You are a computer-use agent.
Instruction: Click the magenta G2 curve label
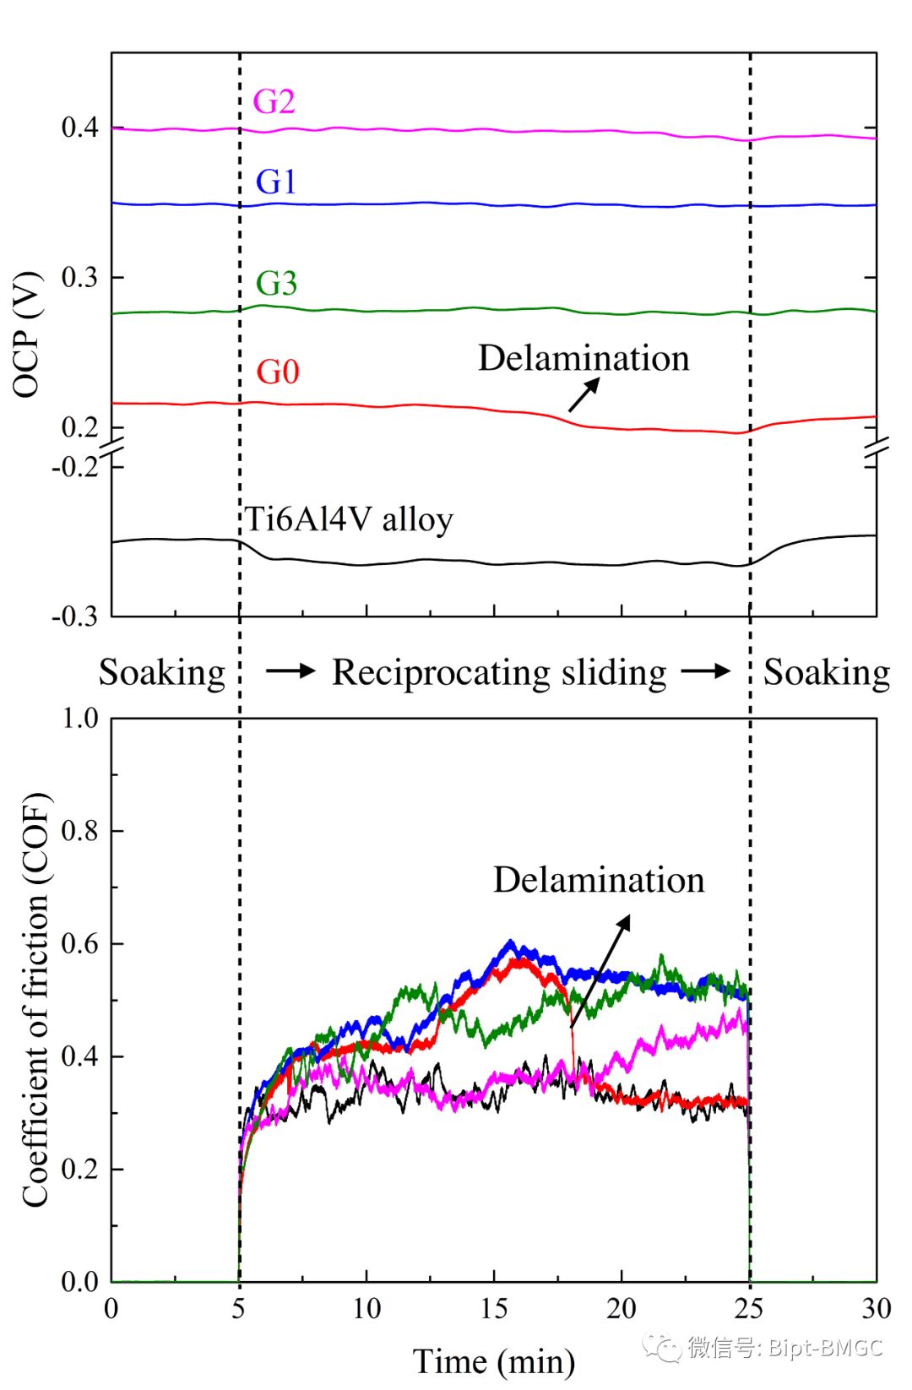point(274,101)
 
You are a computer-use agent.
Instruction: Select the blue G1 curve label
point(276,182)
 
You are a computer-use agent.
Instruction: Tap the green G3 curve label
point(276,283)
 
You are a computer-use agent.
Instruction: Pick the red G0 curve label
point(278,372)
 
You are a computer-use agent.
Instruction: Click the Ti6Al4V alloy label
point(349,519)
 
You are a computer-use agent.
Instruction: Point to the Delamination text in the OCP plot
point(584,358)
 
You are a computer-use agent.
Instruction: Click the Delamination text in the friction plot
point(599,880)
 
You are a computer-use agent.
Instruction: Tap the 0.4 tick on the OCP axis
point(80,128)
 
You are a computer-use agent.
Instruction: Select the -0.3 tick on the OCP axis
point(75,616)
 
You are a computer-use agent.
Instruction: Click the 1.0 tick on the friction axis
point(80,719)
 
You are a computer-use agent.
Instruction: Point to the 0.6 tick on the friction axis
point(80,944)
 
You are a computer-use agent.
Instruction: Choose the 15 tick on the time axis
point(494,1308)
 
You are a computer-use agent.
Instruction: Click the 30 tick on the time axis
point(876,1308)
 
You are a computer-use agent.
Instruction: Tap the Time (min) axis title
point(494,1361)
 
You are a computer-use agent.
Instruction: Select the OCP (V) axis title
point(27,334)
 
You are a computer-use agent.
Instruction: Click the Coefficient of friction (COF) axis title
point(35,1000)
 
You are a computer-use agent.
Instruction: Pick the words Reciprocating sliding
point(499,672)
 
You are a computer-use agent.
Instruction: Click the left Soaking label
point(162,672)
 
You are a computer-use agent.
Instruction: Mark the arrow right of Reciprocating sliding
point(706,671)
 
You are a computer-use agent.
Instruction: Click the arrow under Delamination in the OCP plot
point(584,394)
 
